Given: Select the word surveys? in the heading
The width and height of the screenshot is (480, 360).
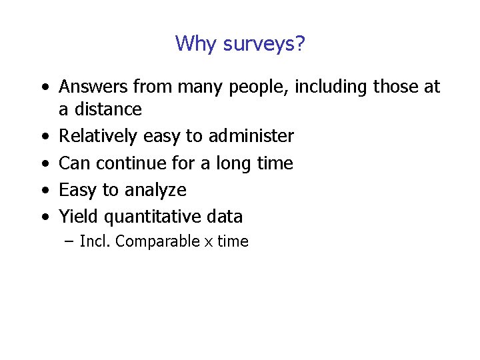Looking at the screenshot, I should (x=264, y=45).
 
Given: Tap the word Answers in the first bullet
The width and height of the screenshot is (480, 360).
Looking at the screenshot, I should (x=93, y=87).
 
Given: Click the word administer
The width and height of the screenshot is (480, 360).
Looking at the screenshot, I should (x=251, y=136).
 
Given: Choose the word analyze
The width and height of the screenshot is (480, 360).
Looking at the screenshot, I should (x=153, y=191).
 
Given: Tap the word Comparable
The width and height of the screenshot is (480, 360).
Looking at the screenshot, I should (x=157, y=242).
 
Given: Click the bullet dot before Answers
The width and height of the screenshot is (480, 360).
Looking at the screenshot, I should (x=43, y=88).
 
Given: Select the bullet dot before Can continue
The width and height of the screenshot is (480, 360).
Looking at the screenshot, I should (x=43, y=164).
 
